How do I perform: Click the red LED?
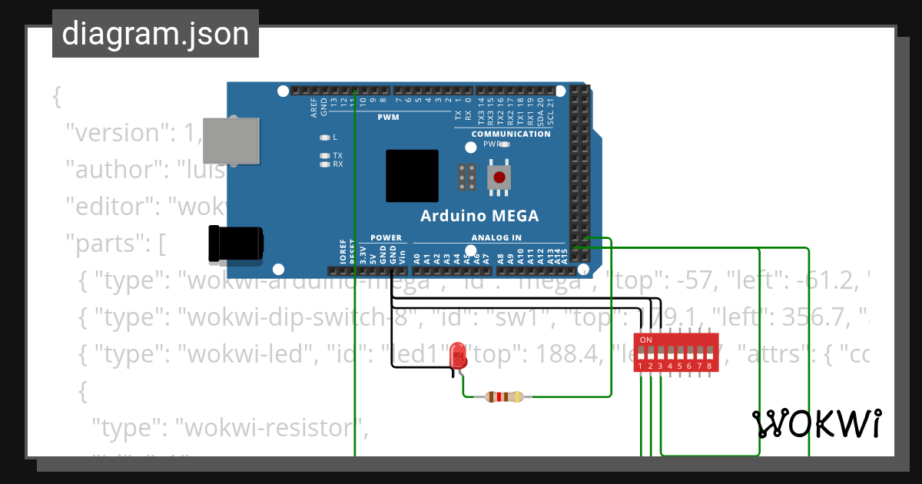coord(459,355)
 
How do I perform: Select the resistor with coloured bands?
coord(504,397)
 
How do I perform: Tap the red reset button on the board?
coord(499,177)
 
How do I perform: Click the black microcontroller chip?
coord(412,176)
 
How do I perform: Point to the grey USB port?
coord(230,140)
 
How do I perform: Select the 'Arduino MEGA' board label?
coord(479,216)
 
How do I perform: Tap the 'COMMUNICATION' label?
coord(511,134)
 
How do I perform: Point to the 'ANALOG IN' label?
coord(496,237)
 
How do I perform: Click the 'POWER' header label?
coord(386,237)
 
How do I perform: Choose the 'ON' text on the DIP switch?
coord(645,340)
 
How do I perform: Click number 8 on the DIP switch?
coord(708,367)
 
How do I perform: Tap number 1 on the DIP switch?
coord(641,367)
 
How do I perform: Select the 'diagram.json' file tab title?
coord(155,35)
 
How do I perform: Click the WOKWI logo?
coord(816,423)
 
